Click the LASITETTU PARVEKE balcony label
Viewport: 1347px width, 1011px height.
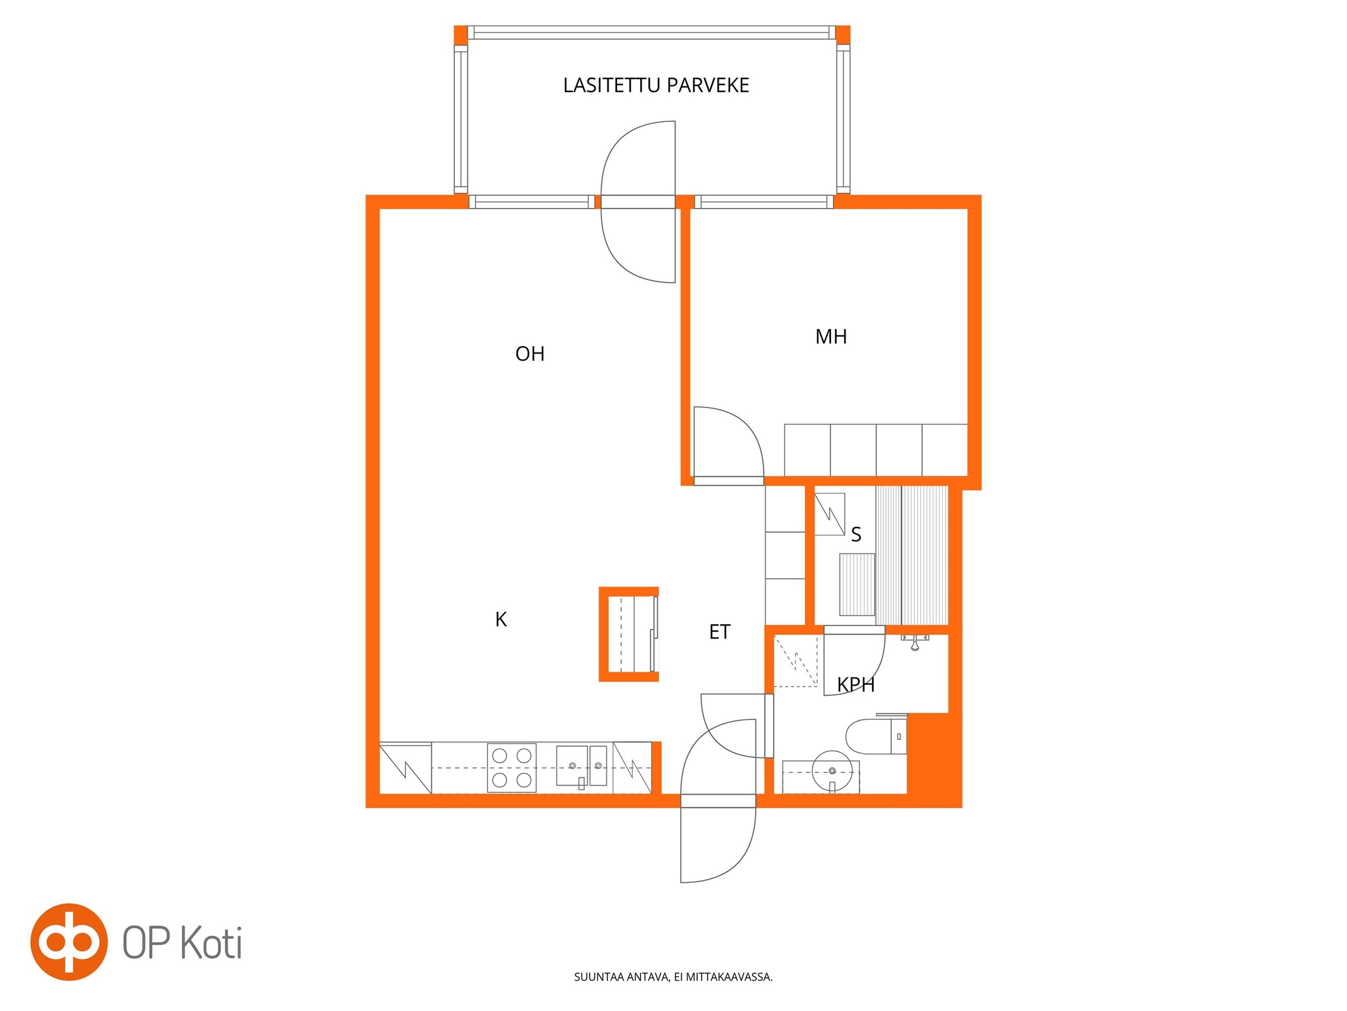656,85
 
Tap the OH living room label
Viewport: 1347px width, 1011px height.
529,354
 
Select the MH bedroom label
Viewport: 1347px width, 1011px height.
830,337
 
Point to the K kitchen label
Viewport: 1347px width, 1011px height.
501,619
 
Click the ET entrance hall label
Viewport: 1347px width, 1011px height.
719,632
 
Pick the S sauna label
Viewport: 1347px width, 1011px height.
856,535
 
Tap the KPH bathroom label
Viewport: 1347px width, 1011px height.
856,684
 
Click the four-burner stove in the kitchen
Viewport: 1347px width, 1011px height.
512,768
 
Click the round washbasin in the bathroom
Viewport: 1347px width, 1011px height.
832,771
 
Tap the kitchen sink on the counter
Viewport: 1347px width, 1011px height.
581,766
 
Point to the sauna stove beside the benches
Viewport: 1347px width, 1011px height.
857,584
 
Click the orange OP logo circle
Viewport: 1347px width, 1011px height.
68,941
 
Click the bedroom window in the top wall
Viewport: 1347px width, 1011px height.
763,202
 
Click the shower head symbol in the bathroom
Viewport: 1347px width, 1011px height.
914,643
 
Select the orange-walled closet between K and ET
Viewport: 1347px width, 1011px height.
628,634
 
